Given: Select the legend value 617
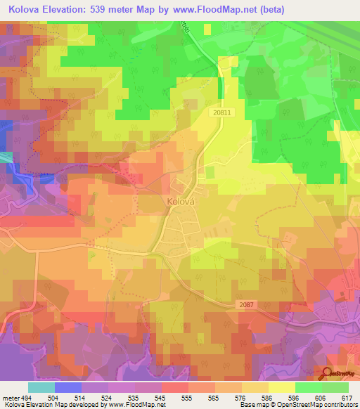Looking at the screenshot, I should (x=346, y=398).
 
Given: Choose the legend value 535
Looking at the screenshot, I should (x=131, y=398).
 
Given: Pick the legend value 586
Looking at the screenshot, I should (x=266, y=398).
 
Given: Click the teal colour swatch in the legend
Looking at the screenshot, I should (x=41, y=387).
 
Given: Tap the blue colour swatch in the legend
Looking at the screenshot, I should (x=68, y=387).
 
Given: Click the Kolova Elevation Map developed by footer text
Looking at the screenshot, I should (x=53, y=405).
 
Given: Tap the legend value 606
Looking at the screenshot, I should (x=319, y=398).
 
